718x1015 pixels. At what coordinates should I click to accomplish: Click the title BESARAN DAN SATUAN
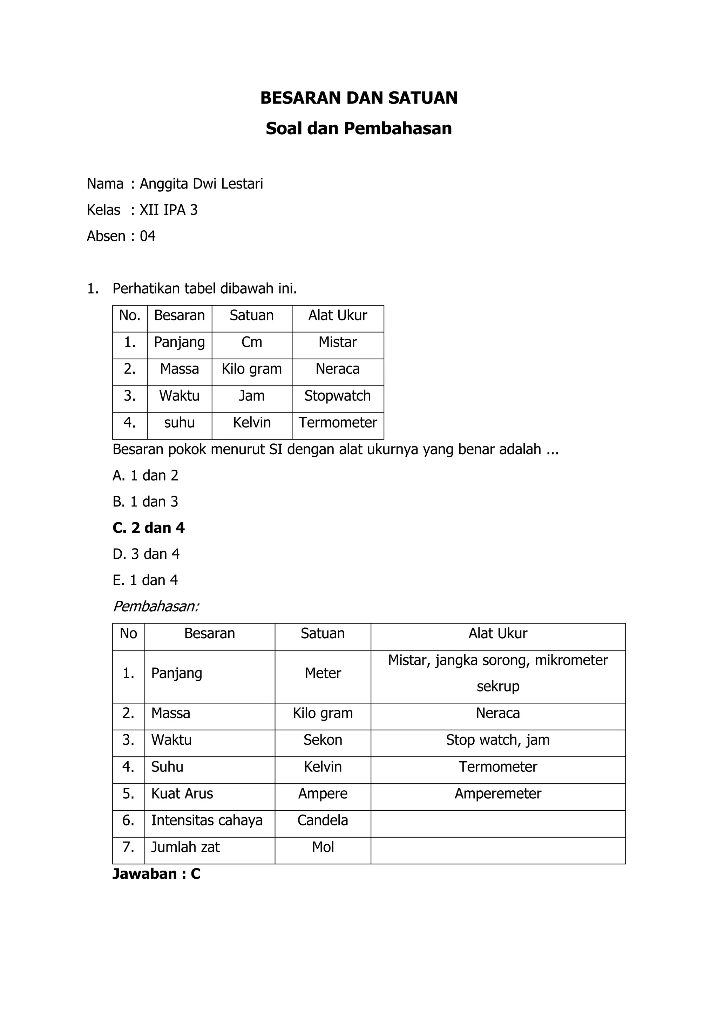click(x=359, y=98)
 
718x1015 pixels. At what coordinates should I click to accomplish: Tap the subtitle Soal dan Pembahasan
click(x=359, y=129)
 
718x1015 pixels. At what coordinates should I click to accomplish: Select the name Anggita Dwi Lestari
click(x=201, y=183)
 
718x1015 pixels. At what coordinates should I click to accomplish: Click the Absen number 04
click(x=148, y=236)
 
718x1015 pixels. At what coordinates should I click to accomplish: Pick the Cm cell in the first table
click(x=252, y=342)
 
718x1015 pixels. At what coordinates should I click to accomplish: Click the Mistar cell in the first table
click(x=337, y=342)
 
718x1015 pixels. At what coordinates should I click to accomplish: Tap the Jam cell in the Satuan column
click(x=252, y=396)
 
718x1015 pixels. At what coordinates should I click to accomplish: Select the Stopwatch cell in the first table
click(x=337, y=396)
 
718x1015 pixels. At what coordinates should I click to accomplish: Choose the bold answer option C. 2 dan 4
click(x=149, y=528)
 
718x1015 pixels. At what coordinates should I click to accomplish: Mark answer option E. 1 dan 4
click(x=145, y=580)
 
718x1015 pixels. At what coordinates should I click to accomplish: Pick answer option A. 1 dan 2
click(x=145, y=476)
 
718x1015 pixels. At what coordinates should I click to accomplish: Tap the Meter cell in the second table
click(x=323, y=673)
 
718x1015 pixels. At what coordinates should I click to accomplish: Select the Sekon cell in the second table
click(x=323, y=740)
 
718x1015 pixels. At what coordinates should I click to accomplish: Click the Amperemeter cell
click(x=498, y=793)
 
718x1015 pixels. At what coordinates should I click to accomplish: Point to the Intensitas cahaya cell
click(x=206, y=820)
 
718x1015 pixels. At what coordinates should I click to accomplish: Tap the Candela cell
click(x=323, y=820)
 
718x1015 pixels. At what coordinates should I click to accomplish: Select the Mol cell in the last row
click(x=323, y=847)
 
